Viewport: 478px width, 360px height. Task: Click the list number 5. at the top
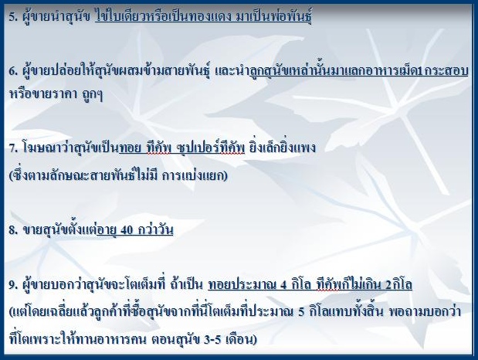tap(13, 17)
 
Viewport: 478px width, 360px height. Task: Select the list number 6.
tap(13, 72)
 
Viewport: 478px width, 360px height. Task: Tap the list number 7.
tap(13, 148)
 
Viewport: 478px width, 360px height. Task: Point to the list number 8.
tap(13, 230)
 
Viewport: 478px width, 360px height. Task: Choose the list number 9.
tap(13, 285)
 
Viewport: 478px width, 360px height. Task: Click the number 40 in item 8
tap(127, 230)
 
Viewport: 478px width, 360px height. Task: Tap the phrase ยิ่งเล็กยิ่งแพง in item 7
tap(283, 148)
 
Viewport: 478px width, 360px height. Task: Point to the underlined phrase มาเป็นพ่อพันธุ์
tap(274, 16)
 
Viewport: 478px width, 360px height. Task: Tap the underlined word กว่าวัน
tap(155, 229)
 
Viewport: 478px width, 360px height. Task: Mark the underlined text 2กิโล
tap(398, 284)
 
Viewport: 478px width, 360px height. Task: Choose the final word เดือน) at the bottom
tap(241, 338)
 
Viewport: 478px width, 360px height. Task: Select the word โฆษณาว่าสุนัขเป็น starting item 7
tap(71, 148)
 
